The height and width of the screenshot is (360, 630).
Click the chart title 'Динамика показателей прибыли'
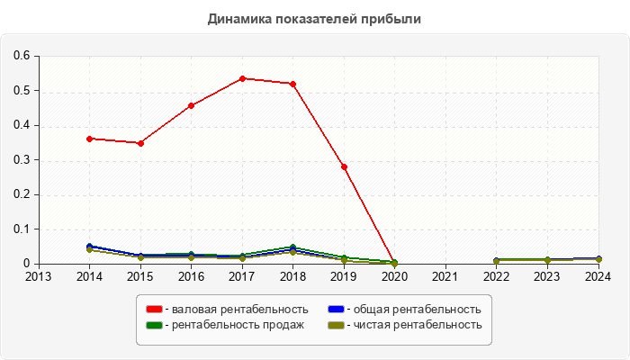(314, 18)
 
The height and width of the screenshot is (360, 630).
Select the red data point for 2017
(242, 78)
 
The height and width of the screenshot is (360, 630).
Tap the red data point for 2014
(89, 139)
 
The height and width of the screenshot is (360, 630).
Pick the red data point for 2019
(344, 166)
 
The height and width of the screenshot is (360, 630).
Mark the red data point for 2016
(191, 105)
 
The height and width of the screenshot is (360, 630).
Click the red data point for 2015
(140, 143)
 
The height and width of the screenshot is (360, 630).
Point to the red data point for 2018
(293, 84)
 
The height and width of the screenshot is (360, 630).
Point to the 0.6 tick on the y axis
(22, 56)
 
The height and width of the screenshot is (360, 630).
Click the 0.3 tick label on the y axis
(22, 160)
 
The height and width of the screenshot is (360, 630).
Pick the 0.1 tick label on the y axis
(22, 229)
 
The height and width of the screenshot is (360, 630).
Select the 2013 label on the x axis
(39, 276)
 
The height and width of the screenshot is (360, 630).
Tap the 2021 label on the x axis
(445, 276)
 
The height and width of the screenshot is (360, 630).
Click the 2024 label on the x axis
(598, 276)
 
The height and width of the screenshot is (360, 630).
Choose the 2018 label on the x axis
(293, 276)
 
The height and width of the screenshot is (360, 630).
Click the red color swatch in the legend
(154, 310)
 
